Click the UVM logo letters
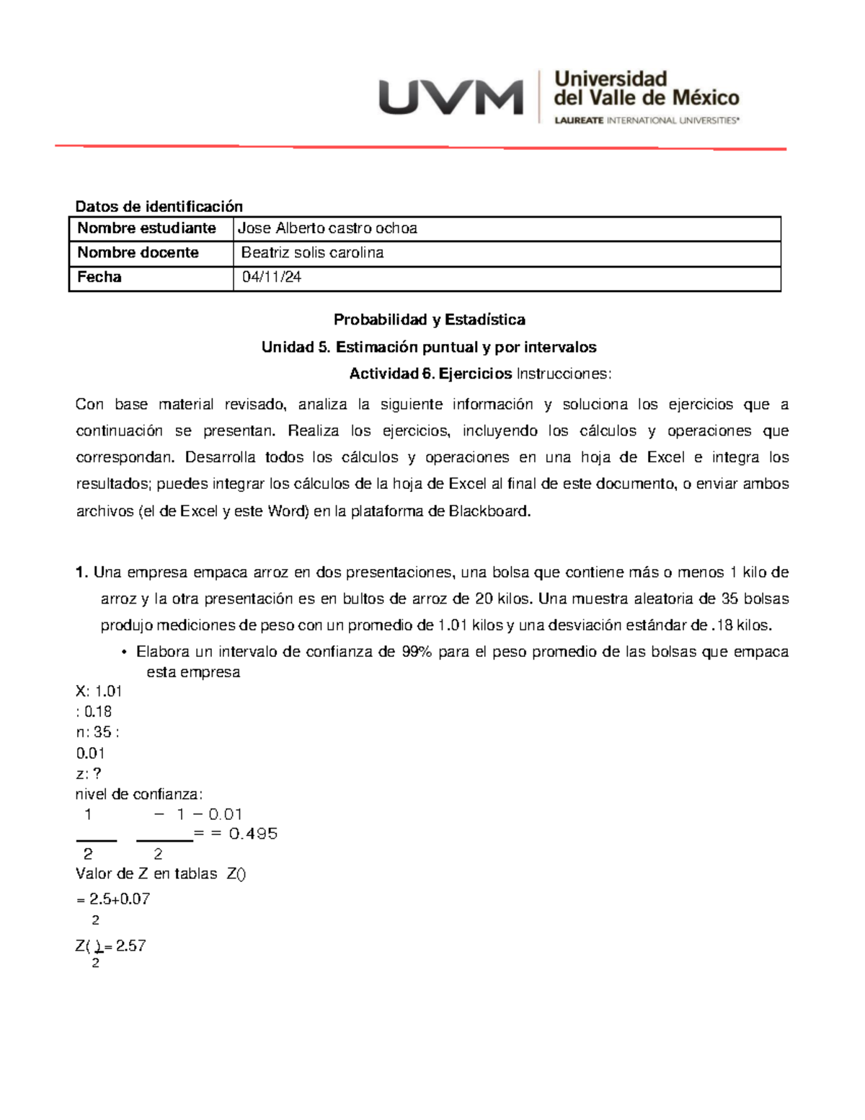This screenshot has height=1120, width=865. click(451, 97)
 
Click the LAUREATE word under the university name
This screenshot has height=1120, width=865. click(579, 120)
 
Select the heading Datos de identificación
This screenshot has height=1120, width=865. click(159, 206)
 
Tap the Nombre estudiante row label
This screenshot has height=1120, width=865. click(147, 229)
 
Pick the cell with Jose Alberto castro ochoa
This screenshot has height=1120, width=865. click(327, 229)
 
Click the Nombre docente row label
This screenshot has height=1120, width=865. click(138, 252)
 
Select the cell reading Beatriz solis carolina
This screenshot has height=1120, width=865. click(312, 252)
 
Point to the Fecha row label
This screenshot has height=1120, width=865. click(99, 277)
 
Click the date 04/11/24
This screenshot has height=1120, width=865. click(272, 277)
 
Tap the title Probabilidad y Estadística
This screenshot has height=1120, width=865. click(429, 319)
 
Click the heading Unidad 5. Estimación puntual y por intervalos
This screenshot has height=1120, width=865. click(429, 347)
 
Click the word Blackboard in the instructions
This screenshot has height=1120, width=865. click(489, 511)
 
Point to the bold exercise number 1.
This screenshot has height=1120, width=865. click(81, 573)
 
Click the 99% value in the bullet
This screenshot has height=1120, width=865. click(417, 652)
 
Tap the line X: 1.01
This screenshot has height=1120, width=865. click(99, 691)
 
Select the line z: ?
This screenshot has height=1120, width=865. click(88, 774)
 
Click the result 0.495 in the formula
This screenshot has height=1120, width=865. click(253, 834)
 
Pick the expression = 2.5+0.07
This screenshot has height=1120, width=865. click(112, 899)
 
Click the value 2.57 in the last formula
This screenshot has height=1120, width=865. click(130, 946)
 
